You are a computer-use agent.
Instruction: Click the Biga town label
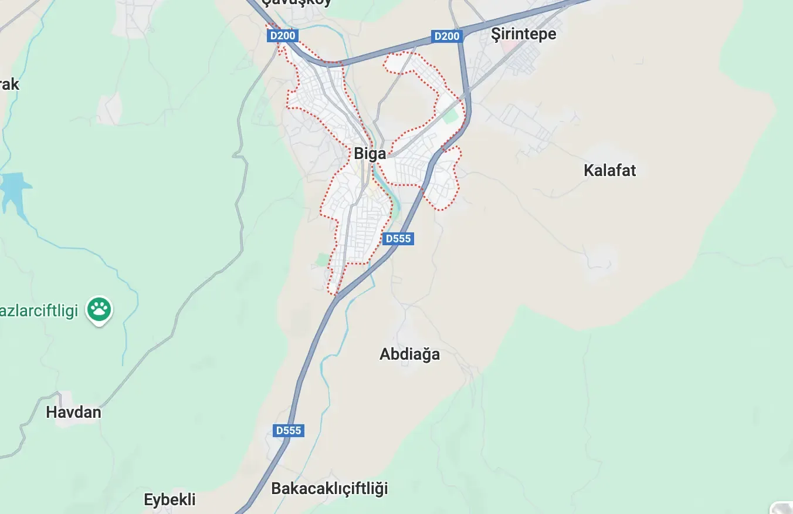[x=370, y=154]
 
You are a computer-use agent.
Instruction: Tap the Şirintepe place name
[x=523, y=34]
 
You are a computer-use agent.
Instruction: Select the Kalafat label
[x=609, y=171]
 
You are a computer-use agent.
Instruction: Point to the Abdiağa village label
[x=409, y=354]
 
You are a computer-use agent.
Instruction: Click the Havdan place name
[x=73, y=412]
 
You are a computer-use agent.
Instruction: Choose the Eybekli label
[x=170, y=500]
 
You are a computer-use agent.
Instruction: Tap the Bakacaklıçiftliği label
[x=329, y=488]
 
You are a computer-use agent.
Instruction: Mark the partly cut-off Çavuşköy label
[x=296, y=2]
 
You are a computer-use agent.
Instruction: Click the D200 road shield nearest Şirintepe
[x=446, y=36]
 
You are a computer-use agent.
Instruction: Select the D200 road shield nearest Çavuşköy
[x=283, y=36]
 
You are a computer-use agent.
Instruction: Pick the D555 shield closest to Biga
[x=398, y=239]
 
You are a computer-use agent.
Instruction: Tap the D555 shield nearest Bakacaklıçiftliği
[x=289, y=431]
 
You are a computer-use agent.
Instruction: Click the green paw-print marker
[x=99, y=308]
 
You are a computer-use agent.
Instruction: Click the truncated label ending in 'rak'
[x=9, y=84]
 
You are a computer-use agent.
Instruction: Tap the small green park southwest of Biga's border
[x=322, y=259]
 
